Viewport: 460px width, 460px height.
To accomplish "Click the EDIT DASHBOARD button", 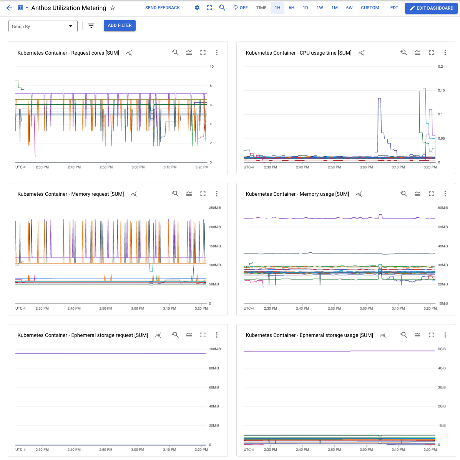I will (x=431, y=8).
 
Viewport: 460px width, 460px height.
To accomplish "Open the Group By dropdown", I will (x=43, y=26).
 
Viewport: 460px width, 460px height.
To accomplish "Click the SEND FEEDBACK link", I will (x=162, y=8).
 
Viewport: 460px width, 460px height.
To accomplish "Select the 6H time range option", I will (x=291, y=8).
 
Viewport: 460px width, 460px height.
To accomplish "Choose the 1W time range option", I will (x=319, y=8).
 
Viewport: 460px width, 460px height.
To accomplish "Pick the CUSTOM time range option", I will (x=370, y=8).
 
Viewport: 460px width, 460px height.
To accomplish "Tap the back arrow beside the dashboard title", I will (x=9, y=8).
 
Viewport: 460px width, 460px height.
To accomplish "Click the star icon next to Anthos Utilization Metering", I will (x=113, y=8).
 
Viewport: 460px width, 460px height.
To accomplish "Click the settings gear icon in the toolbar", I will (x=197, y=8).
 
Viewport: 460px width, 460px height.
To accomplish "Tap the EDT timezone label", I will (x=394, y=8).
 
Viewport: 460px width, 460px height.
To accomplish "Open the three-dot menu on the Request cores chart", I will (x=217, y=53).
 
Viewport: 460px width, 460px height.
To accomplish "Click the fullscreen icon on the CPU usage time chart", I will (x=431, y=53).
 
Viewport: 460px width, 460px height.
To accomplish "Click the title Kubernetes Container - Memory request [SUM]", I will (x=71, y=194).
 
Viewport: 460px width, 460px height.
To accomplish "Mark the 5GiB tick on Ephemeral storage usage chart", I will (x=442, y=349).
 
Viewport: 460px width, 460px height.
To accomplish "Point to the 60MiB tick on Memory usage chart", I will (x=443, y=208).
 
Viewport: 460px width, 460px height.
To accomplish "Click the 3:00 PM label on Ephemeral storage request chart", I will (x=138, y=449).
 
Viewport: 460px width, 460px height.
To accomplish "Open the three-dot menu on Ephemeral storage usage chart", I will (x=445, y=335).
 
